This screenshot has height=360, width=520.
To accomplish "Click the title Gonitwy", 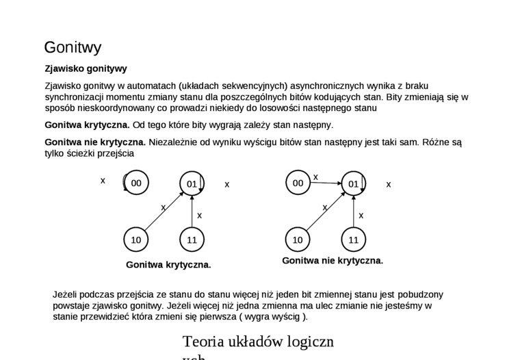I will coord(73,47).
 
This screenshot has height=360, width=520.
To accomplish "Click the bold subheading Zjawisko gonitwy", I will coord(86,68).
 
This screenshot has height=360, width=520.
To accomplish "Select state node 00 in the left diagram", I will coord(136,183).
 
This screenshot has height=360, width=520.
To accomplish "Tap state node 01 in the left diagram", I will coord(192,183).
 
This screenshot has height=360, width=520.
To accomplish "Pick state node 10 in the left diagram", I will coord(136,240).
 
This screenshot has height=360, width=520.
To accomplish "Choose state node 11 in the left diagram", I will coord(192,240).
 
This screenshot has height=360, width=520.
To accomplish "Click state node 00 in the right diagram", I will coord(298,183).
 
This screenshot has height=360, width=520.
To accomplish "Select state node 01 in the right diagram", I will coord(353,183).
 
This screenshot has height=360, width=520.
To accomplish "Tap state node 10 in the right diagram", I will coord(298,240).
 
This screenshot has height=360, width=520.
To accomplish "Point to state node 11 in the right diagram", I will coord(353,240).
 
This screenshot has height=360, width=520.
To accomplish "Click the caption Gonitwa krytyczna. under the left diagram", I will coord(168,264).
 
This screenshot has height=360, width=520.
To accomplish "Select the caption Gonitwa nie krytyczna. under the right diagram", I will coord(333,261).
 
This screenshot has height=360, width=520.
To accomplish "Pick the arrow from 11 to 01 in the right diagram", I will coord(354,211).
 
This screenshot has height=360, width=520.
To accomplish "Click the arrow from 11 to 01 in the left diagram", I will coord(192,211).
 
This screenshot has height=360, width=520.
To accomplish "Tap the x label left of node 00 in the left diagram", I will coord(103,181).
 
